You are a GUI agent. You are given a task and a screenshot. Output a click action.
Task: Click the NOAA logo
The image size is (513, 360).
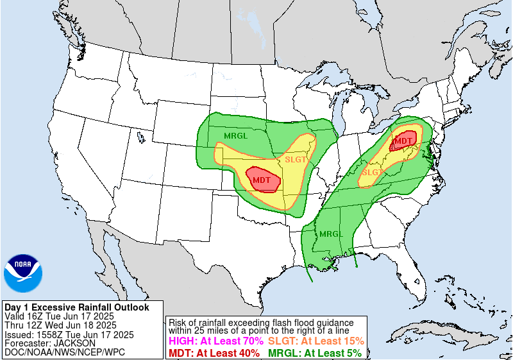[x=24, y=272]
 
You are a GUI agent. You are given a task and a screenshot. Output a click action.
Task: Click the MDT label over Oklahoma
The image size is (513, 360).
[x=261, y=180]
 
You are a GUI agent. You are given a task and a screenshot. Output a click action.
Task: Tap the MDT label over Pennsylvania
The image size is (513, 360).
[x=403, y=141]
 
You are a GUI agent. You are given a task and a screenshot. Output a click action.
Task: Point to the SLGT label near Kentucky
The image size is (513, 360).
[x=373, y=172]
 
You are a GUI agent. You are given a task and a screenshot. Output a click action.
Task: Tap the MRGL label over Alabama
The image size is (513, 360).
[x=332, y=234]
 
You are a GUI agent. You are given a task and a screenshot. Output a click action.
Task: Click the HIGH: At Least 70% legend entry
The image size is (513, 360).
[x=215, y=341]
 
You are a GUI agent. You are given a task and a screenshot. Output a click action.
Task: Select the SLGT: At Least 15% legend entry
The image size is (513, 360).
[x=316, y=341]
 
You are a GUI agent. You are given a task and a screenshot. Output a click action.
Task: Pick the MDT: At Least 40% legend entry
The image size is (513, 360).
[x=214, y=352]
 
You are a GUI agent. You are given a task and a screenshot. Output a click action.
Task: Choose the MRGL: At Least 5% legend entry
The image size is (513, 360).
[x=315, y=352]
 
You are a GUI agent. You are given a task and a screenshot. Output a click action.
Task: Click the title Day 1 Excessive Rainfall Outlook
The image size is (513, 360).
[x=76, y=307]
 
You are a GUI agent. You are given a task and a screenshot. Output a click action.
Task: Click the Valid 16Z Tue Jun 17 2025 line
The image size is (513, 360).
[x=59, y=316]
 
